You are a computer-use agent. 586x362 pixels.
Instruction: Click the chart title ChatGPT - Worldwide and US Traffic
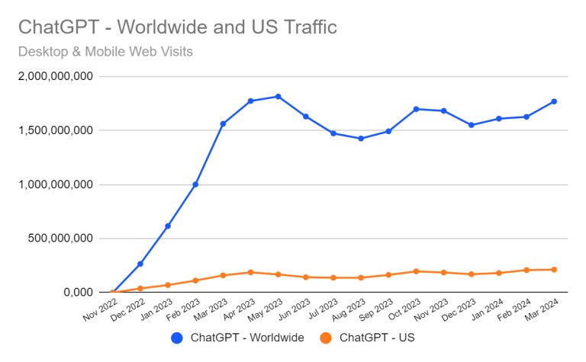click(177, 28)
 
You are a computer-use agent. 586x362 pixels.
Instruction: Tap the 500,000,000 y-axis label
click(59, 239)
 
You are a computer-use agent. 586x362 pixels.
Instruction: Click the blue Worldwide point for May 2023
click(279, 97)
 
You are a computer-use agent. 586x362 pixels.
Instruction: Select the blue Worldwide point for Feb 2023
click(195, 184)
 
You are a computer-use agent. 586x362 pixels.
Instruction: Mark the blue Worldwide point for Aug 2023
click(361, 139)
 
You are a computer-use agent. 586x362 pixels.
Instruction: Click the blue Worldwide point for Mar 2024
click(554, 101)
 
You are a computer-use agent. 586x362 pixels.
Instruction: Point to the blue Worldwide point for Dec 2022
click(140, 264)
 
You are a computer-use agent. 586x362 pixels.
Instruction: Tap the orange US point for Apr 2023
click(250, 272)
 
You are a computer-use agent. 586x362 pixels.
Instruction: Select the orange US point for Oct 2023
click(416, 271)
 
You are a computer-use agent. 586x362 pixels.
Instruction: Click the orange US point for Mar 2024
click(554, 269)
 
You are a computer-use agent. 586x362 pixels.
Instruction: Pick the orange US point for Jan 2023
click(168, 285)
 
